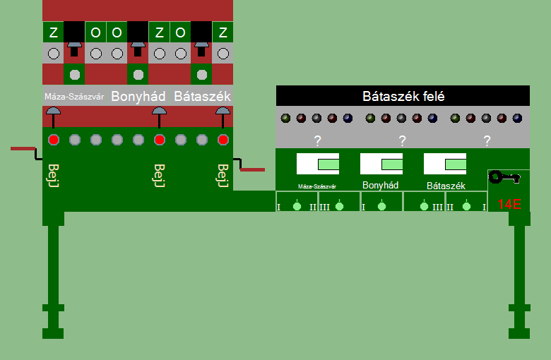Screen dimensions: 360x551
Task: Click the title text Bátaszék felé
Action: pyautogui.click(x=403, y=96)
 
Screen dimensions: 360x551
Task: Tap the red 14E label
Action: pyautogui.click(x=509, y=205)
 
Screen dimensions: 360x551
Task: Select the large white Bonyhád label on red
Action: pyautogui.click(x=138, y=96)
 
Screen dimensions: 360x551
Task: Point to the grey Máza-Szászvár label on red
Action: pyautogui.click(x=74, y=96)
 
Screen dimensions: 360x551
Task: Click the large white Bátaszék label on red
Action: pyautogui.click(x=202, y=96)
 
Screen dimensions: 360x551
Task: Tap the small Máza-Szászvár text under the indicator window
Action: pyautogui.click(x=316, y=187)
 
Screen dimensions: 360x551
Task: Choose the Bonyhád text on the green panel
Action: pyautogui.click(x=381, y=186)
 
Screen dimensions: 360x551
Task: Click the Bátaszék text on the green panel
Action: pyautogui.click(x=445, y=186)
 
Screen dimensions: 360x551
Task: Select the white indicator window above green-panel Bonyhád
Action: pyautogui.click(x=381, y=164)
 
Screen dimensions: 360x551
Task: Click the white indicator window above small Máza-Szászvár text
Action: pyautogui.click(x=318, y=164)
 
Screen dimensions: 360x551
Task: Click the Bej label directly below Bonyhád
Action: pyautogui.click(x=159, y=175)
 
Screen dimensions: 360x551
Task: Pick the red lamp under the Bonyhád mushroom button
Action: pyautogui.click(x=160, y=140)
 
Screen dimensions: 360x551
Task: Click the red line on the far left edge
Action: pyautogui.click(x=23, y=148)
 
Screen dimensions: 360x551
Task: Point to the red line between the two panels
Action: pyautogui.click(x=252, y=169)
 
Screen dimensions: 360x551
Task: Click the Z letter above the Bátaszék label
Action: pyautogui.click(x=223, y=32)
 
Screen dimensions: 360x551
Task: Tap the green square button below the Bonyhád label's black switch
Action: pyautogui.click(x=138, y=74)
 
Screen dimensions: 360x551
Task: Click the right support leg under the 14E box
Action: pyautogui.click(x=520, y=282)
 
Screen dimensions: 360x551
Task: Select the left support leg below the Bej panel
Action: pyautogui.click(x=54, y=282)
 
